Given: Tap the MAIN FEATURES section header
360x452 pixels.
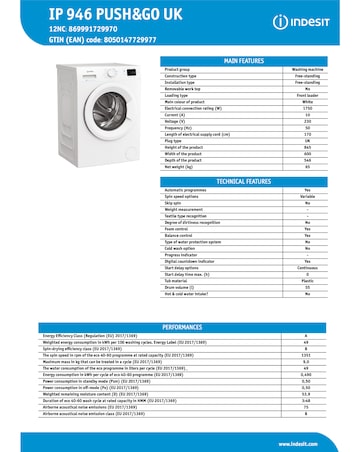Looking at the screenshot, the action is click(x=243, y=61).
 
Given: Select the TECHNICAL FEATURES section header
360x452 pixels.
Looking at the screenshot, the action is click(x=243, y=181).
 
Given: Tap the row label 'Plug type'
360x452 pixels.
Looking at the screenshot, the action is click(x=177, y=141).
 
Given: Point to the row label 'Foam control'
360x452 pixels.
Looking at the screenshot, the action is click(x=178, y=228).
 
